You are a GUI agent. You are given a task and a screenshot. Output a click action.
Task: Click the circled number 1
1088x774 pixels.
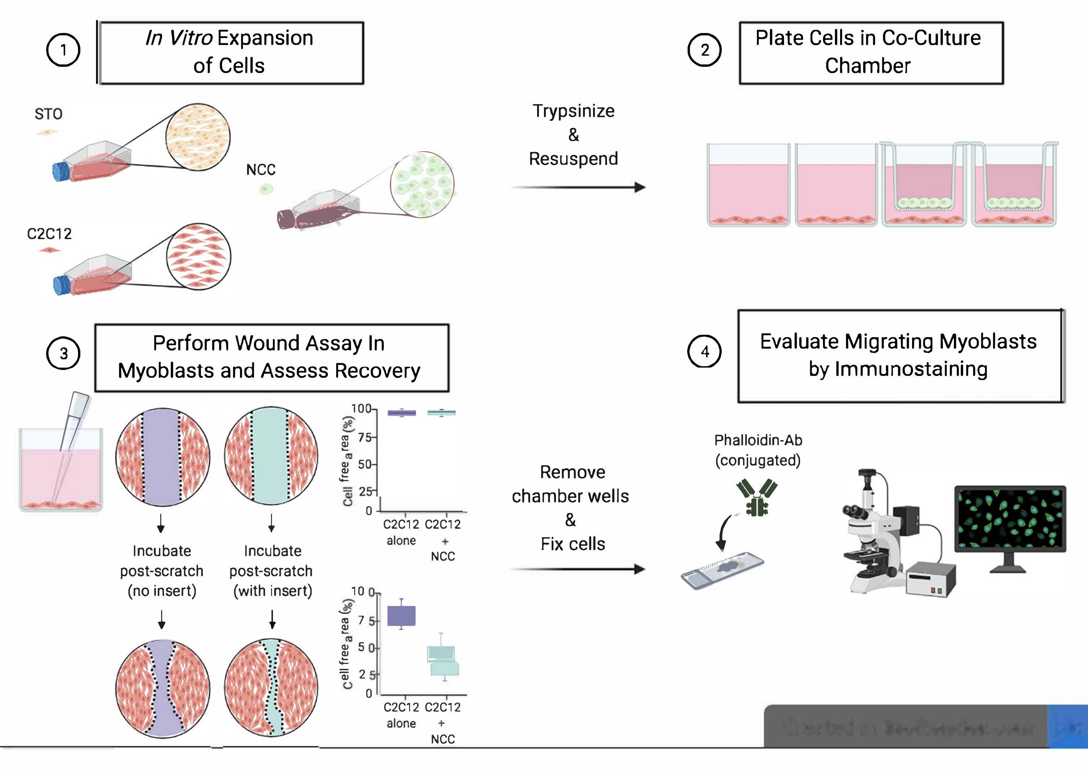(63, 50)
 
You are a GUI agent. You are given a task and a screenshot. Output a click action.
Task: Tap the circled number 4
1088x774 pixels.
(705, 352)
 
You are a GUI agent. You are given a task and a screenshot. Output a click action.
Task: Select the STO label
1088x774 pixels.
(49, 114)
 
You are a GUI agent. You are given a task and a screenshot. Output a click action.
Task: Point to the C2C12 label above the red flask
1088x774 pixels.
(50, 234)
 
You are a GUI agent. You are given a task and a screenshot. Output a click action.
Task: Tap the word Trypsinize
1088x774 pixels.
(573, 111)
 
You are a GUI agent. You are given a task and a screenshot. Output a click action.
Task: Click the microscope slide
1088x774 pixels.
(722, 570)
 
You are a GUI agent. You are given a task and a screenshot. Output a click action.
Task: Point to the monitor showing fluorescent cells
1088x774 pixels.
(1010, 519)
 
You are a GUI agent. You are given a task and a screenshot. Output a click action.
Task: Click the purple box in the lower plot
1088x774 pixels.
(401, 616)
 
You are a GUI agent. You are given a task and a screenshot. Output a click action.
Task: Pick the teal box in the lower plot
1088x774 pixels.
(442, 660)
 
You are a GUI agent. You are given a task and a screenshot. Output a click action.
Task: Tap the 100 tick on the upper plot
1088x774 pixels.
(361, 409)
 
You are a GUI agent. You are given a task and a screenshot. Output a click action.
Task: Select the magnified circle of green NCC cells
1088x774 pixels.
(422, 184)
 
